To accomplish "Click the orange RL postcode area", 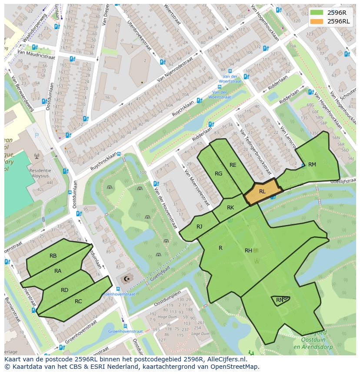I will [263, 192].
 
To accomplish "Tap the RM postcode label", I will [312, 165].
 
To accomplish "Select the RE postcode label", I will [233, 165].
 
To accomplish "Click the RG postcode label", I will [218, 174].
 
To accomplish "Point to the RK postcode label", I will [230, 208].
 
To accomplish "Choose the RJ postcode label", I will [199, 226].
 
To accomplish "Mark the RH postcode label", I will [248, 250].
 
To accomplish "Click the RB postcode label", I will [53, 256].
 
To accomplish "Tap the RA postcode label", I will [58, 271].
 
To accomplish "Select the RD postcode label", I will [64, 290].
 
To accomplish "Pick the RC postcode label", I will [78, 301].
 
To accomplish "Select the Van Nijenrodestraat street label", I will [174, 71].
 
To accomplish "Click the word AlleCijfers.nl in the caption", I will [226, 359].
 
